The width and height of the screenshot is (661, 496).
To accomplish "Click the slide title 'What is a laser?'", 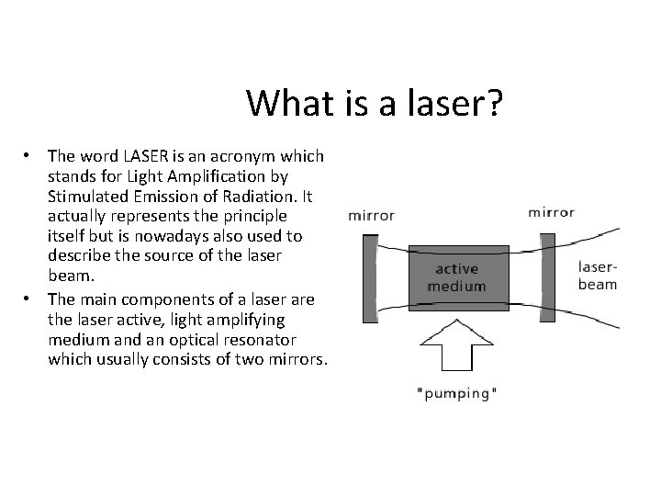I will pos(374,103).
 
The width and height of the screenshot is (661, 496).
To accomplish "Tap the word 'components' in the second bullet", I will pos(151,299).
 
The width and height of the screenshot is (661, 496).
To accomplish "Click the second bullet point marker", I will pos(29,299).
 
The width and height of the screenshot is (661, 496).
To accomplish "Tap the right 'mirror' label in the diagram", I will pos(551,211).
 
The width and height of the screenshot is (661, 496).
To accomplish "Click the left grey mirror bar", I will pos(370,277).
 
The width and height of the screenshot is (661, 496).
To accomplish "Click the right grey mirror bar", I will pos(548,277).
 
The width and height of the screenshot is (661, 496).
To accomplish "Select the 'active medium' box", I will pos(456,276).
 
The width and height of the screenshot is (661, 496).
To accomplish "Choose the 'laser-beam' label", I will pos(598,276).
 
